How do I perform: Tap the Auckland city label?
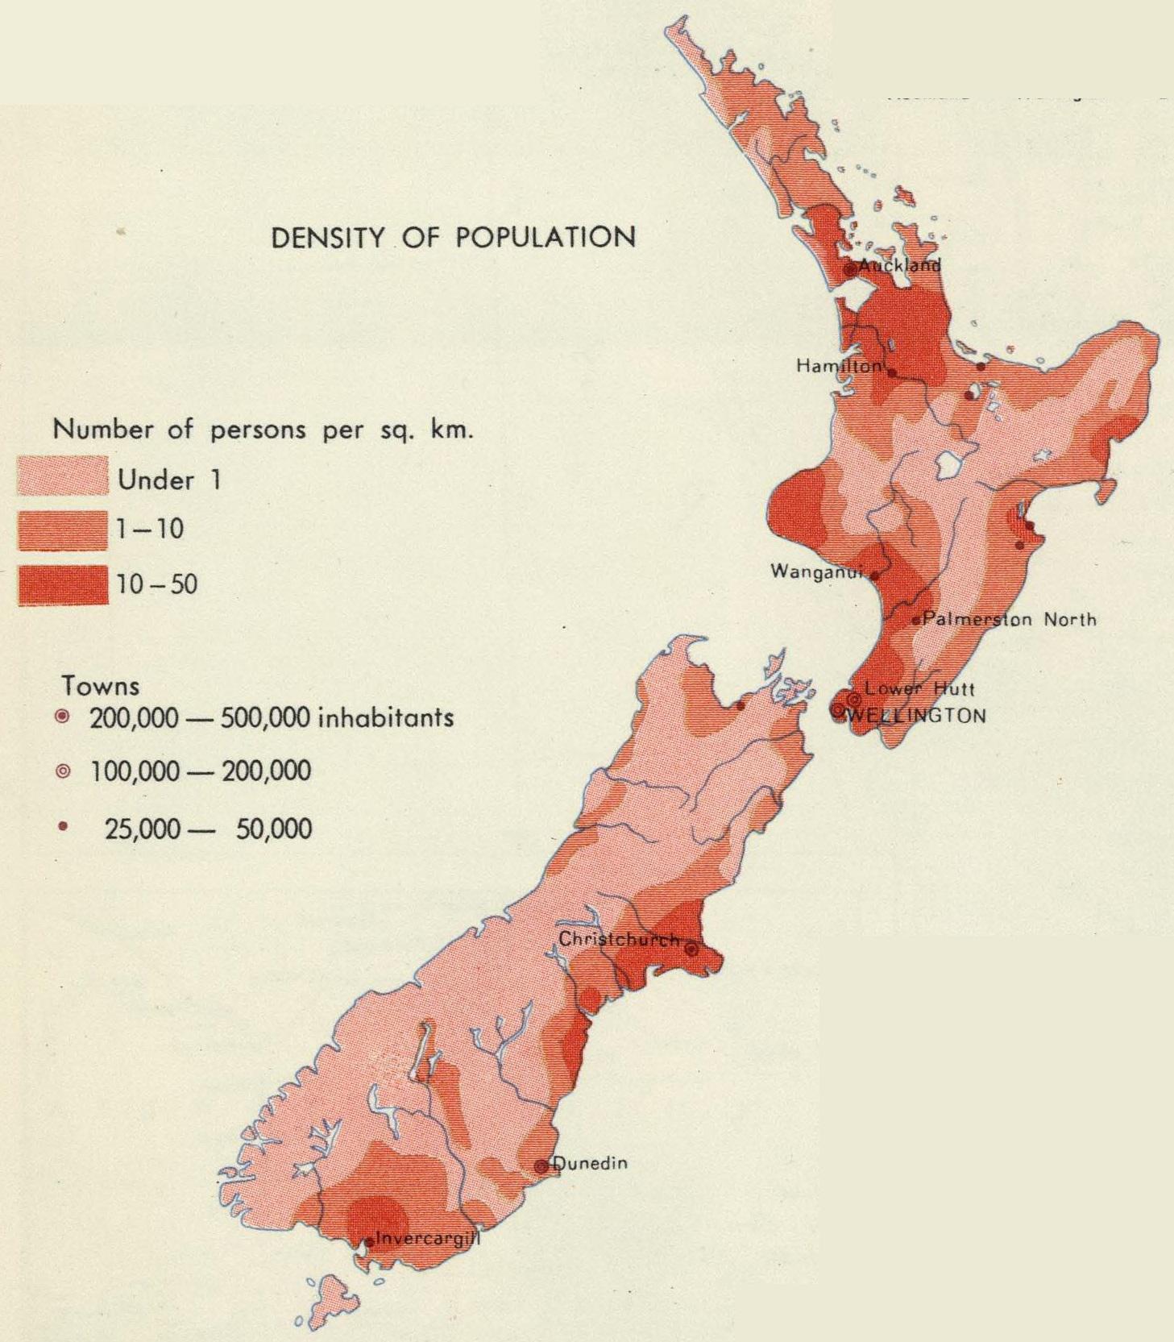coord(899,265)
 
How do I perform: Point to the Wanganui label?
coord(816,571)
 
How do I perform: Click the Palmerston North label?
coord(1009,619)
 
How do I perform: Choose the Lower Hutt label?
coord(919,689)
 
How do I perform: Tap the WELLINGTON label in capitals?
coord(917,716)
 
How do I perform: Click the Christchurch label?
coord(619,939)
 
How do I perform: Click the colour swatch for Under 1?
coord(62,476)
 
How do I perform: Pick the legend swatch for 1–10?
coord(62,530)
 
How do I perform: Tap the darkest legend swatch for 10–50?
coord(62,584)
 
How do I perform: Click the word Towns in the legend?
coord(100,686)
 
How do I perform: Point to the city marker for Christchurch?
coord(691,950)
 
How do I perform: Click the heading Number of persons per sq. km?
coord(262,429)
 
